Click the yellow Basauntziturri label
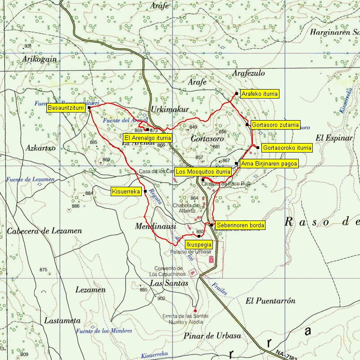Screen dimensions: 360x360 tap(67, 108)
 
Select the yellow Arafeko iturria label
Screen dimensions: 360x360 tap(259, 94)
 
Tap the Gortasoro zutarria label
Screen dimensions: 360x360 tap(275, 125)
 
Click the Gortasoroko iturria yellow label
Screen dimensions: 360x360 tap(287, 148)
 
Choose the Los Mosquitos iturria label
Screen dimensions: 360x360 tap(203, 172)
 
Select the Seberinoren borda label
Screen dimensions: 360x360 tap(240, 225)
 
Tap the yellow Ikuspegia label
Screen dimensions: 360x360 tap(199, 245)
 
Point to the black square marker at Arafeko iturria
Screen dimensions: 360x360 tap(237, 94)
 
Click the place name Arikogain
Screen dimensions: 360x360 tap(39, 59)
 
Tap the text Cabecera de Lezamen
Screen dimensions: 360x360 tap(45, 231)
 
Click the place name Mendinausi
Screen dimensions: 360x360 tap(155, 227)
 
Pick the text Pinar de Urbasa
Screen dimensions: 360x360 tap(212, 336)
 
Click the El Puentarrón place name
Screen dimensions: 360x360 tap(270, 301)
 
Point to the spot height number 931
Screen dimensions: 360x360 tap(28, 46)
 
